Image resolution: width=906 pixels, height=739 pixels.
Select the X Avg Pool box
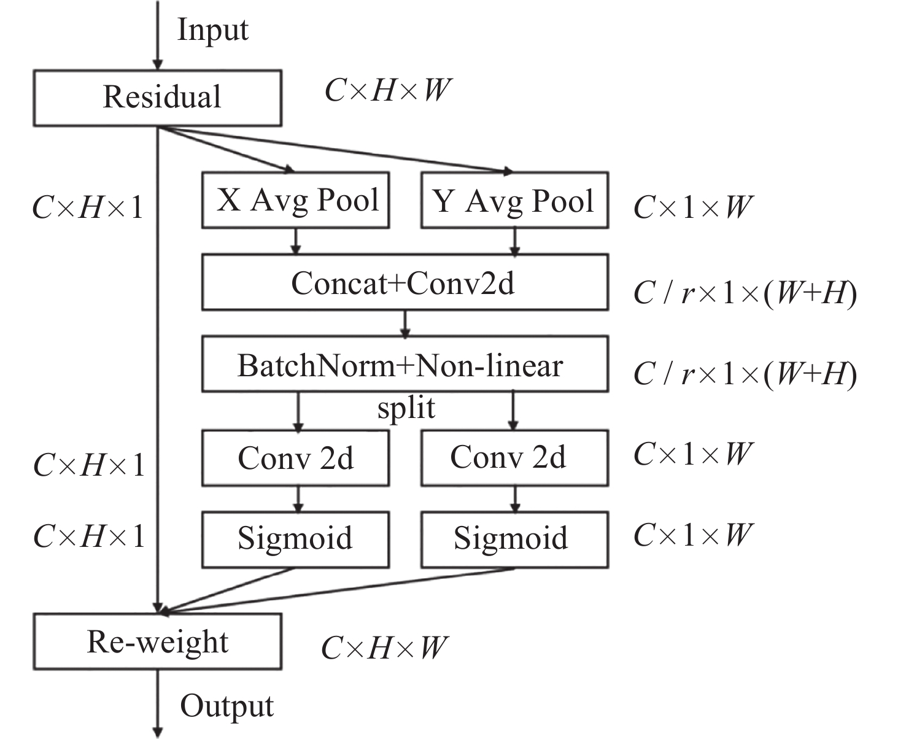point(296,200)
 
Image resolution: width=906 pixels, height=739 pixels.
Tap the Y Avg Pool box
point(514,200)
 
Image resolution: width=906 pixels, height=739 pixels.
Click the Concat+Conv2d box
point(405,282)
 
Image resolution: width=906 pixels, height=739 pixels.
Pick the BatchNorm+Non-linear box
point(405,364)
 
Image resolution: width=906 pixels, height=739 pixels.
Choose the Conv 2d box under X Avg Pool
point(296,458)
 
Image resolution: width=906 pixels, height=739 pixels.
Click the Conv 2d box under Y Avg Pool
point(514,458)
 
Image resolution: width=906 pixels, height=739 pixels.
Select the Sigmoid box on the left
point(296,539)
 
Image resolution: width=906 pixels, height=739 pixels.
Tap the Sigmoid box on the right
point(514,539)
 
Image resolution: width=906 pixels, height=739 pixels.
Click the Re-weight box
point(158,641)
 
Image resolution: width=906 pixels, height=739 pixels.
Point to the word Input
point(212,29)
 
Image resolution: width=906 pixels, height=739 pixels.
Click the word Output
point(226,706)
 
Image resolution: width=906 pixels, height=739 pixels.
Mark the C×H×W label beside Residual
point(387,91)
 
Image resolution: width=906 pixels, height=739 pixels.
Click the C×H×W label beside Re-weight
point(384,648)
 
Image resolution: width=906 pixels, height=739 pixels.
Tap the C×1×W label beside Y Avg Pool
point(692,207)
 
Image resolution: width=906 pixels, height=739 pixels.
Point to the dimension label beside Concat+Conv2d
point(745,293)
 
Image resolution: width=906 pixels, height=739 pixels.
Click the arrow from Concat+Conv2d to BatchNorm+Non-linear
point(405,323)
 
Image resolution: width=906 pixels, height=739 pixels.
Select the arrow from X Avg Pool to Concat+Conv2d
point(296,241)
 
